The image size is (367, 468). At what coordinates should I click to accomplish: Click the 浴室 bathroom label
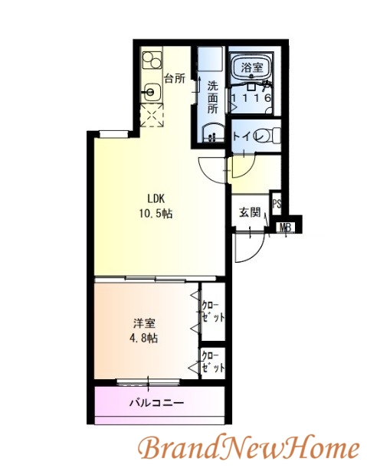coord(252,68)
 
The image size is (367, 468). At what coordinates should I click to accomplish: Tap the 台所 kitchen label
coord(175,77)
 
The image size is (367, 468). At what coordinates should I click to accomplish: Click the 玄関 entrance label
coord(250,211)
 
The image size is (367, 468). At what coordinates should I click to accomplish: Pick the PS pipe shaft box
coord(277,205)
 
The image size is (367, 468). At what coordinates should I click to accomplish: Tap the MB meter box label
coord(285,227)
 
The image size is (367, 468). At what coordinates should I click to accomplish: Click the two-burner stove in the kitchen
coord(152,59)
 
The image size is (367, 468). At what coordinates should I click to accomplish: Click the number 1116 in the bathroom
coord(252,98)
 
